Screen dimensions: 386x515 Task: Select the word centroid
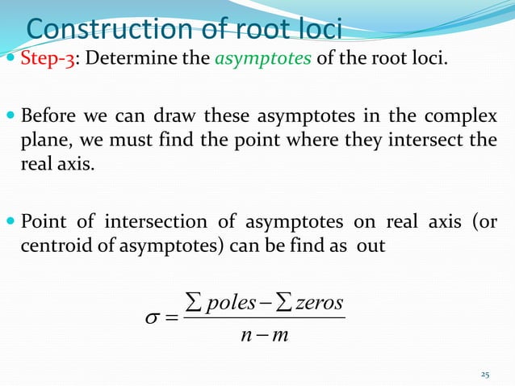tap(50, 246)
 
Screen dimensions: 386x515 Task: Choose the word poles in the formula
tap(234, 303)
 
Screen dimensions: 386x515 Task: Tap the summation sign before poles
tap(195, 303)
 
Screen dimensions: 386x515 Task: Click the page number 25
tap(485, 374)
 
